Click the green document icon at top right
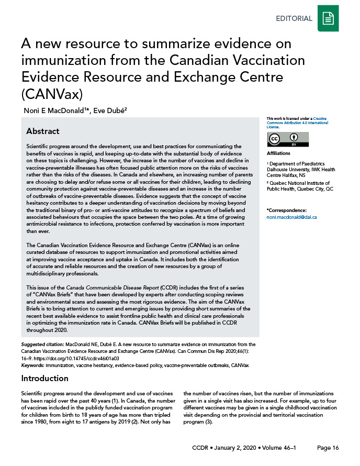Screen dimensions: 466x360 click(x=328, y=19)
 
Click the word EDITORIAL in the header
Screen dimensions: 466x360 click(x=294, y=19)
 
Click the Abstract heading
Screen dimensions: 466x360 click(x=43, y=131)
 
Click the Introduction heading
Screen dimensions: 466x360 click(x=44, y=378)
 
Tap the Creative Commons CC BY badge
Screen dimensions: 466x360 click(x=288, y=139)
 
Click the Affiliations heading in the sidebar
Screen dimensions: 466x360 click(x=278, y=153)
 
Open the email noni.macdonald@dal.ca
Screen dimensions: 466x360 click(x=291, y=217)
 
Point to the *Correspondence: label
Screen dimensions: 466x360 click(x=286, y=210)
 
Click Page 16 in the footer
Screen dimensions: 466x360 click(x=328, y=448)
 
